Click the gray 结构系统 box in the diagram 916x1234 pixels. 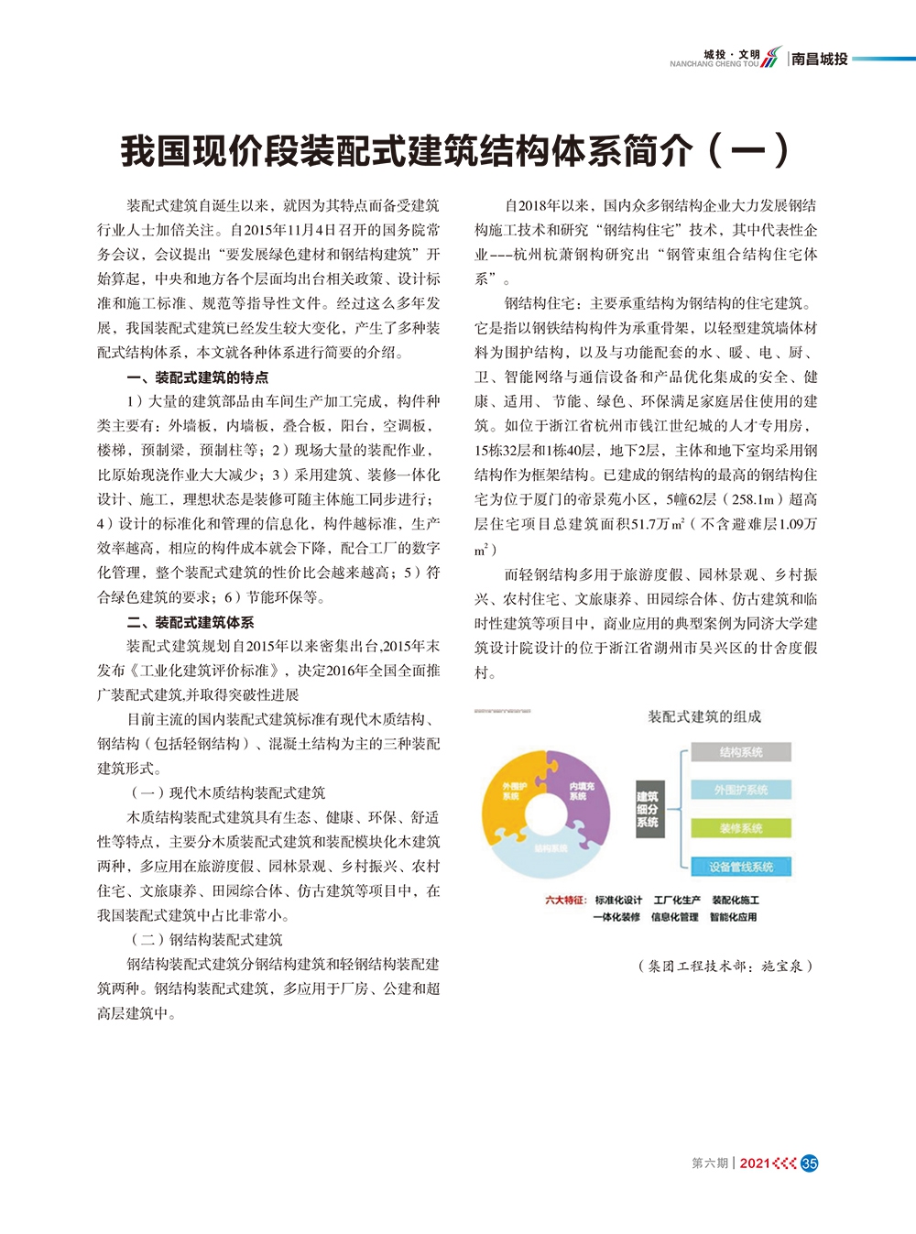pyautogui.click(x=740, y=752)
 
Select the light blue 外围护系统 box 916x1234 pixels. pyautogui.click(x=740, y=790)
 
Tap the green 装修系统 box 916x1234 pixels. pyautogui.click(x=740, y=828)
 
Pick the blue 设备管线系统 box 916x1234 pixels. pyautogui.click(x=740, y=867)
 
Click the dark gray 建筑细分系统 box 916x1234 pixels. pyautogui.click(x=647, y=810)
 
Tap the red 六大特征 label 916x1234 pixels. pyautogui.click(x=565, y=901)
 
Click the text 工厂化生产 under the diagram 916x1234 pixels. pyautogui.click(x=677, y=901)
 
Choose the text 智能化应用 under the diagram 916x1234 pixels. pyautogui.click(x=733, y=917)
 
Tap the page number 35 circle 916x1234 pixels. pyautogui.click(x=809, y=1163)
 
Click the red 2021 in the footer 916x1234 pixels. pyautogui.click(x=754, y=1163)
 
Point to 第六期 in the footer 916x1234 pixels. pyautogui.click(x=709, y=1163)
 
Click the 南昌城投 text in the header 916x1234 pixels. pyautogui.click(x=820, y=59)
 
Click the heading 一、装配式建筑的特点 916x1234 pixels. pyautogui.click(x=197, y=377)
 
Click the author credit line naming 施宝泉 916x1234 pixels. pyautogui.click(x=725, y=966)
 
